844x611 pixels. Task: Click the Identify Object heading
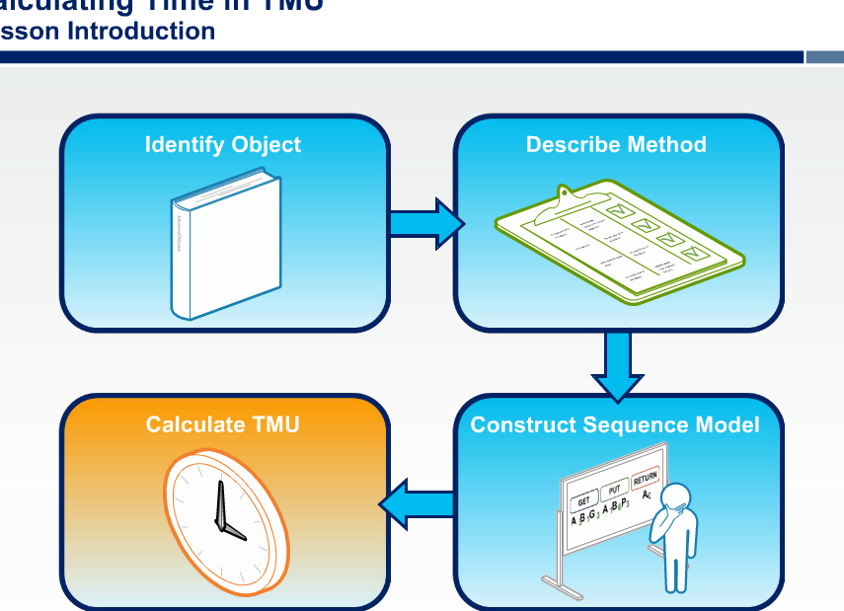[x=222, y=144]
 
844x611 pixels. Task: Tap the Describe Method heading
[x=616, y=144]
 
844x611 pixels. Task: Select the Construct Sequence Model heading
[x=615, y=424]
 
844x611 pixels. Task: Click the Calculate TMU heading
[x=222, y=424]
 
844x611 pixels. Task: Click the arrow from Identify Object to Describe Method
[x=424, y=223]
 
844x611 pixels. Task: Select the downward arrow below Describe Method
[x=618, y=365]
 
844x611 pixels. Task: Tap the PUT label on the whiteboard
[x=614, y=488]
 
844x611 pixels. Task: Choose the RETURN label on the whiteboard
[x=645, y=478]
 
